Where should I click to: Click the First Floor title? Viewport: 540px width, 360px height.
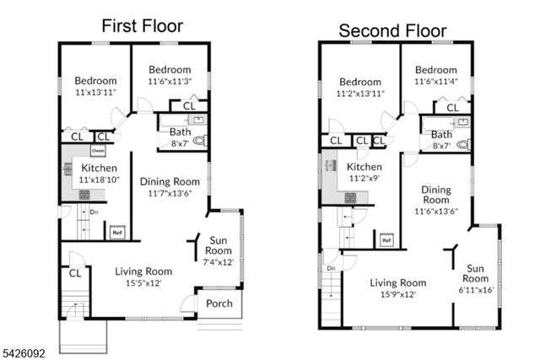click(x=142, y=25)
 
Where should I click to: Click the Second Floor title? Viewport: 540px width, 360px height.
click(x=394, y=31)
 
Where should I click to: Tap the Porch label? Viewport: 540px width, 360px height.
click(x=219, y=304)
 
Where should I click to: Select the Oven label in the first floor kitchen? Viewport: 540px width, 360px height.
click(x=98, y=151)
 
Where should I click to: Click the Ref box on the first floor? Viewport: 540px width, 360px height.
click(x=117, y=233)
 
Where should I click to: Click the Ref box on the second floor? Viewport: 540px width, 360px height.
click(x=386, y=241)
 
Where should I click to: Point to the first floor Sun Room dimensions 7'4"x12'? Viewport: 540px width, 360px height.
click(x=218, y=262)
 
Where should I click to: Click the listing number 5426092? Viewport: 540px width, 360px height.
click(x=26, y=347)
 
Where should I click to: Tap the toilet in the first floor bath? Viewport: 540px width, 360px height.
click(x=199, y=142)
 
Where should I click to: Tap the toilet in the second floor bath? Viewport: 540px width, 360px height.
click(x=462, y=144)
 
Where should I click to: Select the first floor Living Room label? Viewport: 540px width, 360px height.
click(x=143, y=271)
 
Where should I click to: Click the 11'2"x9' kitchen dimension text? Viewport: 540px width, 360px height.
click(x=364, y=179)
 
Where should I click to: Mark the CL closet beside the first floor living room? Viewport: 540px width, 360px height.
click(x=74, y=272)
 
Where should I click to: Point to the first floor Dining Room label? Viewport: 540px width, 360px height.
click(x=170, y=181)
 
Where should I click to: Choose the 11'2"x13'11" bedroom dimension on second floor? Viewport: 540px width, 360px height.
click(x=361, y=93)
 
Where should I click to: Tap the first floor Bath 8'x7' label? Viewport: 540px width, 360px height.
click(x=180, y=137)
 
